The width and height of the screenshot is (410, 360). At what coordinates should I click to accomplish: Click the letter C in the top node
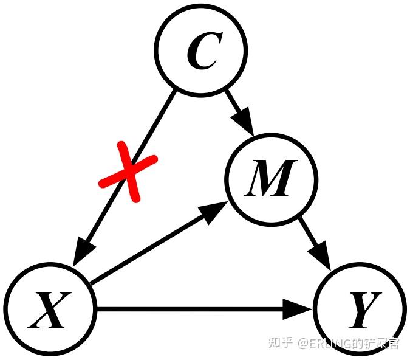(201, 52)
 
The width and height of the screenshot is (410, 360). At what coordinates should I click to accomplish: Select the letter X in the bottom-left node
(49, 310)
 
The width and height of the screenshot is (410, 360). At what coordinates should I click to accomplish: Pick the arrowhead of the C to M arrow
(245, 122)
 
